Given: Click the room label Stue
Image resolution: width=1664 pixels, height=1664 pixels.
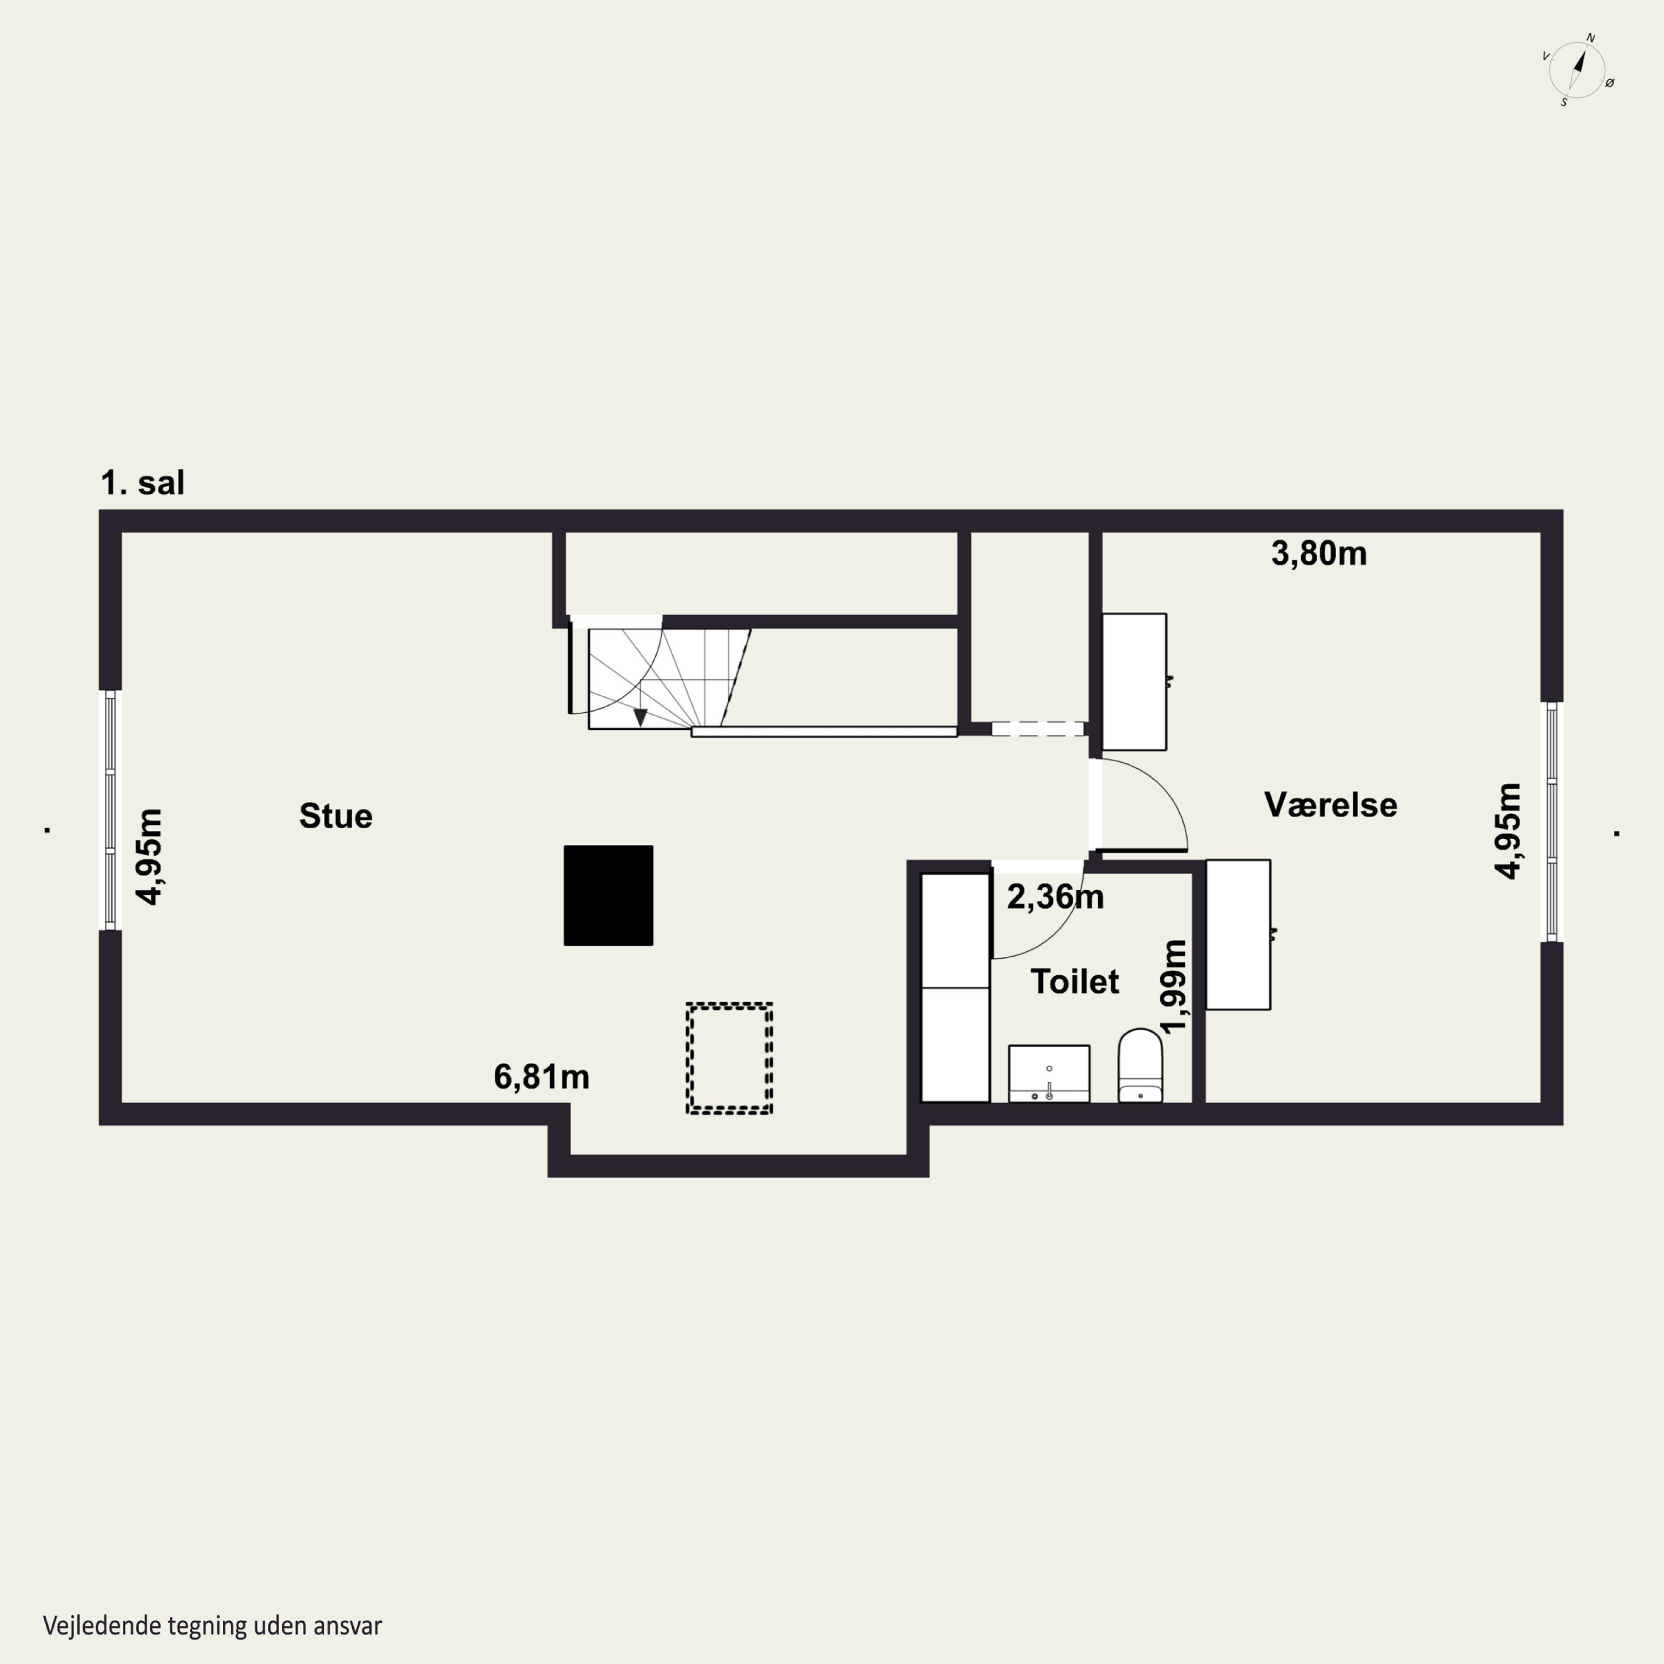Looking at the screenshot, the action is pos(336,815).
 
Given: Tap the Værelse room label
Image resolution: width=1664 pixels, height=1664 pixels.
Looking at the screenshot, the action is pos(1331,804).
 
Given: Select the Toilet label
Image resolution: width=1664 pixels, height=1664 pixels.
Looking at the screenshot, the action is pos(1075,982).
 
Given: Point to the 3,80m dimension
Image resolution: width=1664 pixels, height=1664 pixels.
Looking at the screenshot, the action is pos(1318,554).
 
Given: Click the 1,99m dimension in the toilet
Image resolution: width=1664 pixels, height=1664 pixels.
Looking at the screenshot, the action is pos(1174,986).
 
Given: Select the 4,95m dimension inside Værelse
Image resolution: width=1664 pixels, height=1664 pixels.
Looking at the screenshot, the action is pos(1507,830).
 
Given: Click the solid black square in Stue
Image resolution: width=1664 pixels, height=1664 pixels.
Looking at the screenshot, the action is pos(608,896).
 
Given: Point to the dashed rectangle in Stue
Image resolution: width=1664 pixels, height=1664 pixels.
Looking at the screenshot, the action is pos(729,1058).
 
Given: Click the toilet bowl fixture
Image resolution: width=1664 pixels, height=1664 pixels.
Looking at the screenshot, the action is pos(1140,1066).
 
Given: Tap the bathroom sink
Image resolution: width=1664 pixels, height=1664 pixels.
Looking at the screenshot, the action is pos(1049,1074).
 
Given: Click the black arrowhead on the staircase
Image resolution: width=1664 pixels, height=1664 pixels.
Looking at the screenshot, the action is pos(640,717).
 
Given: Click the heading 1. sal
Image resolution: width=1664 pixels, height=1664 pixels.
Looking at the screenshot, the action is pos(143,483).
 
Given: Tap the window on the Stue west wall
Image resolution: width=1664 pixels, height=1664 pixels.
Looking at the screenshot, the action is pos(110,810).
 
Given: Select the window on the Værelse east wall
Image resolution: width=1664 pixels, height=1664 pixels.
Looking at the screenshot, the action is pos(1552,821).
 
